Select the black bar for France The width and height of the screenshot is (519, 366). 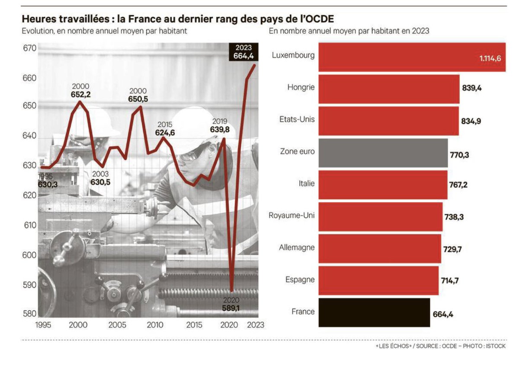coord(374,312)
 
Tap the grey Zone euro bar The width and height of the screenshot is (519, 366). coord(383,152)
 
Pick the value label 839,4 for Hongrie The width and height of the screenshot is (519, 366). coord(472,88)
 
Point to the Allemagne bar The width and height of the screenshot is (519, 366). coord(380,248)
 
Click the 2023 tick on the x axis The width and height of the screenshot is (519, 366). coord(254,324)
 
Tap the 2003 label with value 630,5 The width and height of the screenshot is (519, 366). coord(100,182)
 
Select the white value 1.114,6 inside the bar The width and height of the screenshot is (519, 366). coord(490,58)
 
